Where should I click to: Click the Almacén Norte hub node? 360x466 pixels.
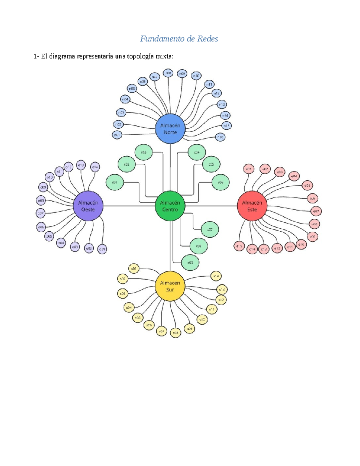(x=170, y=129)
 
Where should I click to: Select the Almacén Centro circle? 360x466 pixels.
(x=170, y=206)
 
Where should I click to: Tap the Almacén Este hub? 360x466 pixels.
(x=252, y=206)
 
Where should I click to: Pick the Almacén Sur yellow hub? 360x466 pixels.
(x=170, y=286)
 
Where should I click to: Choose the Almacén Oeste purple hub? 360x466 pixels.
(x=88, y=206)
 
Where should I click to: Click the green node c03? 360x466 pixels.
(x=144, y=152)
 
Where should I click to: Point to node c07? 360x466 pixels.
(x=210, y=230)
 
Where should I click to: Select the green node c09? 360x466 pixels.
(x=190, y=263)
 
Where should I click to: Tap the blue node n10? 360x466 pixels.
(x=196, y=76)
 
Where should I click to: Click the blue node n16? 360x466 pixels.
(x=220, y=137)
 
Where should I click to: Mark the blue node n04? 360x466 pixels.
(x=125, y=99)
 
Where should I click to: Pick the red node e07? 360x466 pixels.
(x=316, y=211)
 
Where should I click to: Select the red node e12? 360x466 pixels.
(x=277, y=248)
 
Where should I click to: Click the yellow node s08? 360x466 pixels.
(x=175, y=333)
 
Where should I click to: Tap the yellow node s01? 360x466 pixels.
(x=134, y=269)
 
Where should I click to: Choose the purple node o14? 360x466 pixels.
(x=95, y=167)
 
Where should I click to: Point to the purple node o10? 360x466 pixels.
(x=49, y=177)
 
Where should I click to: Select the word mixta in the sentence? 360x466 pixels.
(x=164, y=56)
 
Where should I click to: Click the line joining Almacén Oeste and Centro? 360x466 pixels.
(x=129, y=206)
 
